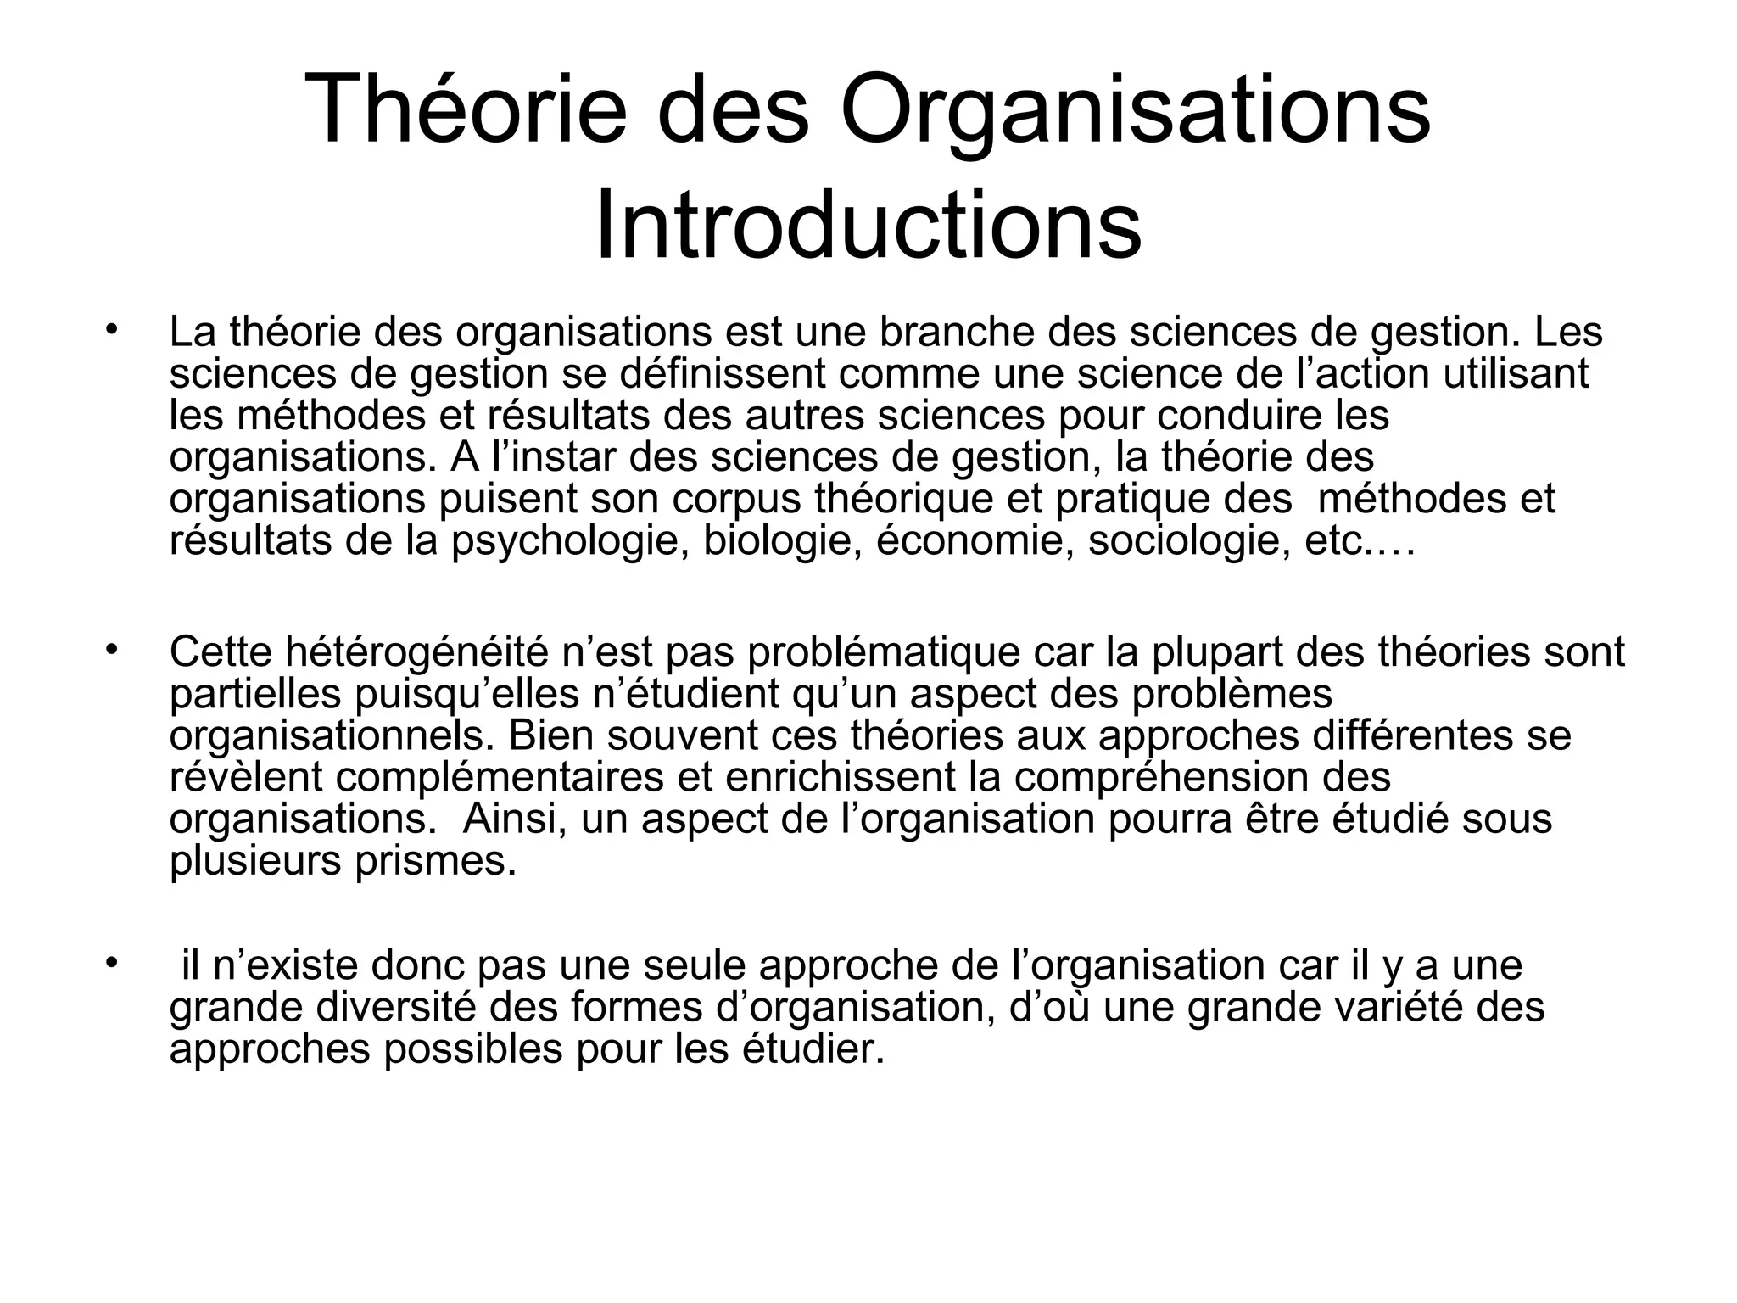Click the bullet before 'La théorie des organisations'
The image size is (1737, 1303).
click(110, 328)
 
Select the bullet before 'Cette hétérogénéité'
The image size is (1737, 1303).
click(110, 648)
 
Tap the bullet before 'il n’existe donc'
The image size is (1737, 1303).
click(110, 962)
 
